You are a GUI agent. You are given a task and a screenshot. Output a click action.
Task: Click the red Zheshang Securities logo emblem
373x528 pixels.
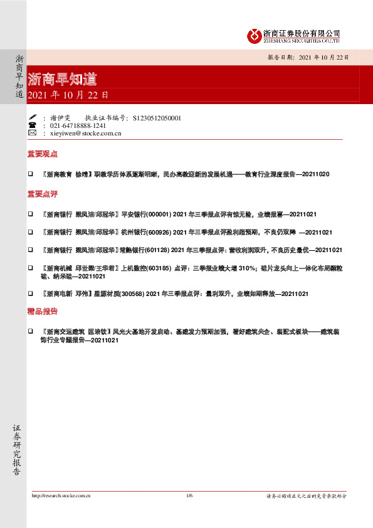(x=254, y=35)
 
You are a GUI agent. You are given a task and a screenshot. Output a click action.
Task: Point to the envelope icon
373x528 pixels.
(x=32, y=133)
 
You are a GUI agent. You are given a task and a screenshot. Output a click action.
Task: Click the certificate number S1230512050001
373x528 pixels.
(x=157, y=117)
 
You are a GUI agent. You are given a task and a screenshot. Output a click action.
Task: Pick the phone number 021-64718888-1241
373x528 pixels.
(x=82, y=125)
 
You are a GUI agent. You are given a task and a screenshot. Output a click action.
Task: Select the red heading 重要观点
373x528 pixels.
(x=43, y=154)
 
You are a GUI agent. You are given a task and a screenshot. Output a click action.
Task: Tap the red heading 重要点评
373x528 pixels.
(x=43, y=194)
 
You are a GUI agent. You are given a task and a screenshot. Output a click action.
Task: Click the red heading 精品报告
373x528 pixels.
(x=43, y=311)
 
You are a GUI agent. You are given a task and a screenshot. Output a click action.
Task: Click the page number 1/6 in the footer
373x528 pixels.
(x=189, y=495)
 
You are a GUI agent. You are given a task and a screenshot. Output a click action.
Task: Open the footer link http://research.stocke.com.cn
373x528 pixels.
(x=61, y=495)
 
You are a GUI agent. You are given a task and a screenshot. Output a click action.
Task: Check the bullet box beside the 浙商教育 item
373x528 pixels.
(x=31, y=173)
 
